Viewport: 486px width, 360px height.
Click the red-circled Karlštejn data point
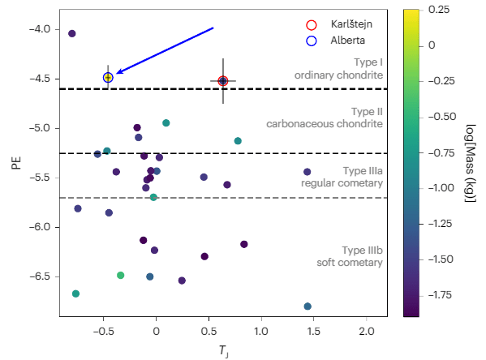[x=223, y=81]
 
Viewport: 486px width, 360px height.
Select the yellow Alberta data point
[x=108, y=77]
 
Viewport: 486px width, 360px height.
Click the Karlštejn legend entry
[x=341, y=24]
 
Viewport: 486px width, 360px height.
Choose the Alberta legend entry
[x=336, y=39]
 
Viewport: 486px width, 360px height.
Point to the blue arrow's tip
[x=116, y=74]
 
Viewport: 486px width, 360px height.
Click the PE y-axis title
[x=16, y=163]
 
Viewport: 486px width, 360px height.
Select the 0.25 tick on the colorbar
[x=439, y=10]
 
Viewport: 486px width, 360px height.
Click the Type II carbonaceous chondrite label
[x=325, y=118]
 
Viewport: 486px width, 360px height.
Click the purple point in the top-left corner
[x=72, y=33]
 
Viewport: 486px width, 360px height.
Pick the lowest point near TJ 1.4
[x=308, y=306]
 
